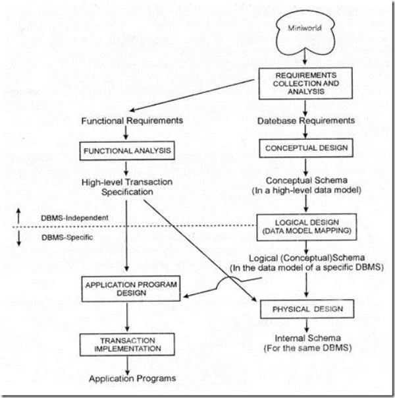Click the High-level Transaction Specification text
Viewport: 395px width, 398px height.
pos(122,186)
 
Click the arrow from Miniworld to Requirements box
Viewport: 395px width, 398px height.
pos(304,59)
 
